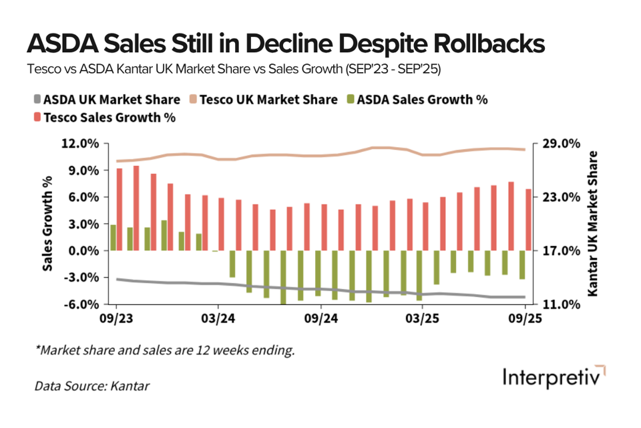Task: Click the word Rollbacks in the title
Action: click(479, 44)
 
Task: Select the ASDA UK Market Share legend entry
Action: click(106, 100)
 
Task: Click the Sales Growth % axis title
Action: click(48, 224)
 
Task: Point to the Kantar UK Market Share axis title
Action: click(592, 224)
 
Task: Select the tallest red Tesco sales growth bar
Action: click(136, 208)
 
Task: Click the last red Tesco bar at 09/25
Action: click(529, 219)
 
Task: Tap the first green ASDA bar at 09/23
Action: click(113, 237)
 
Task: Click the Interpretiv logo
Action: click(554, 377)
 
